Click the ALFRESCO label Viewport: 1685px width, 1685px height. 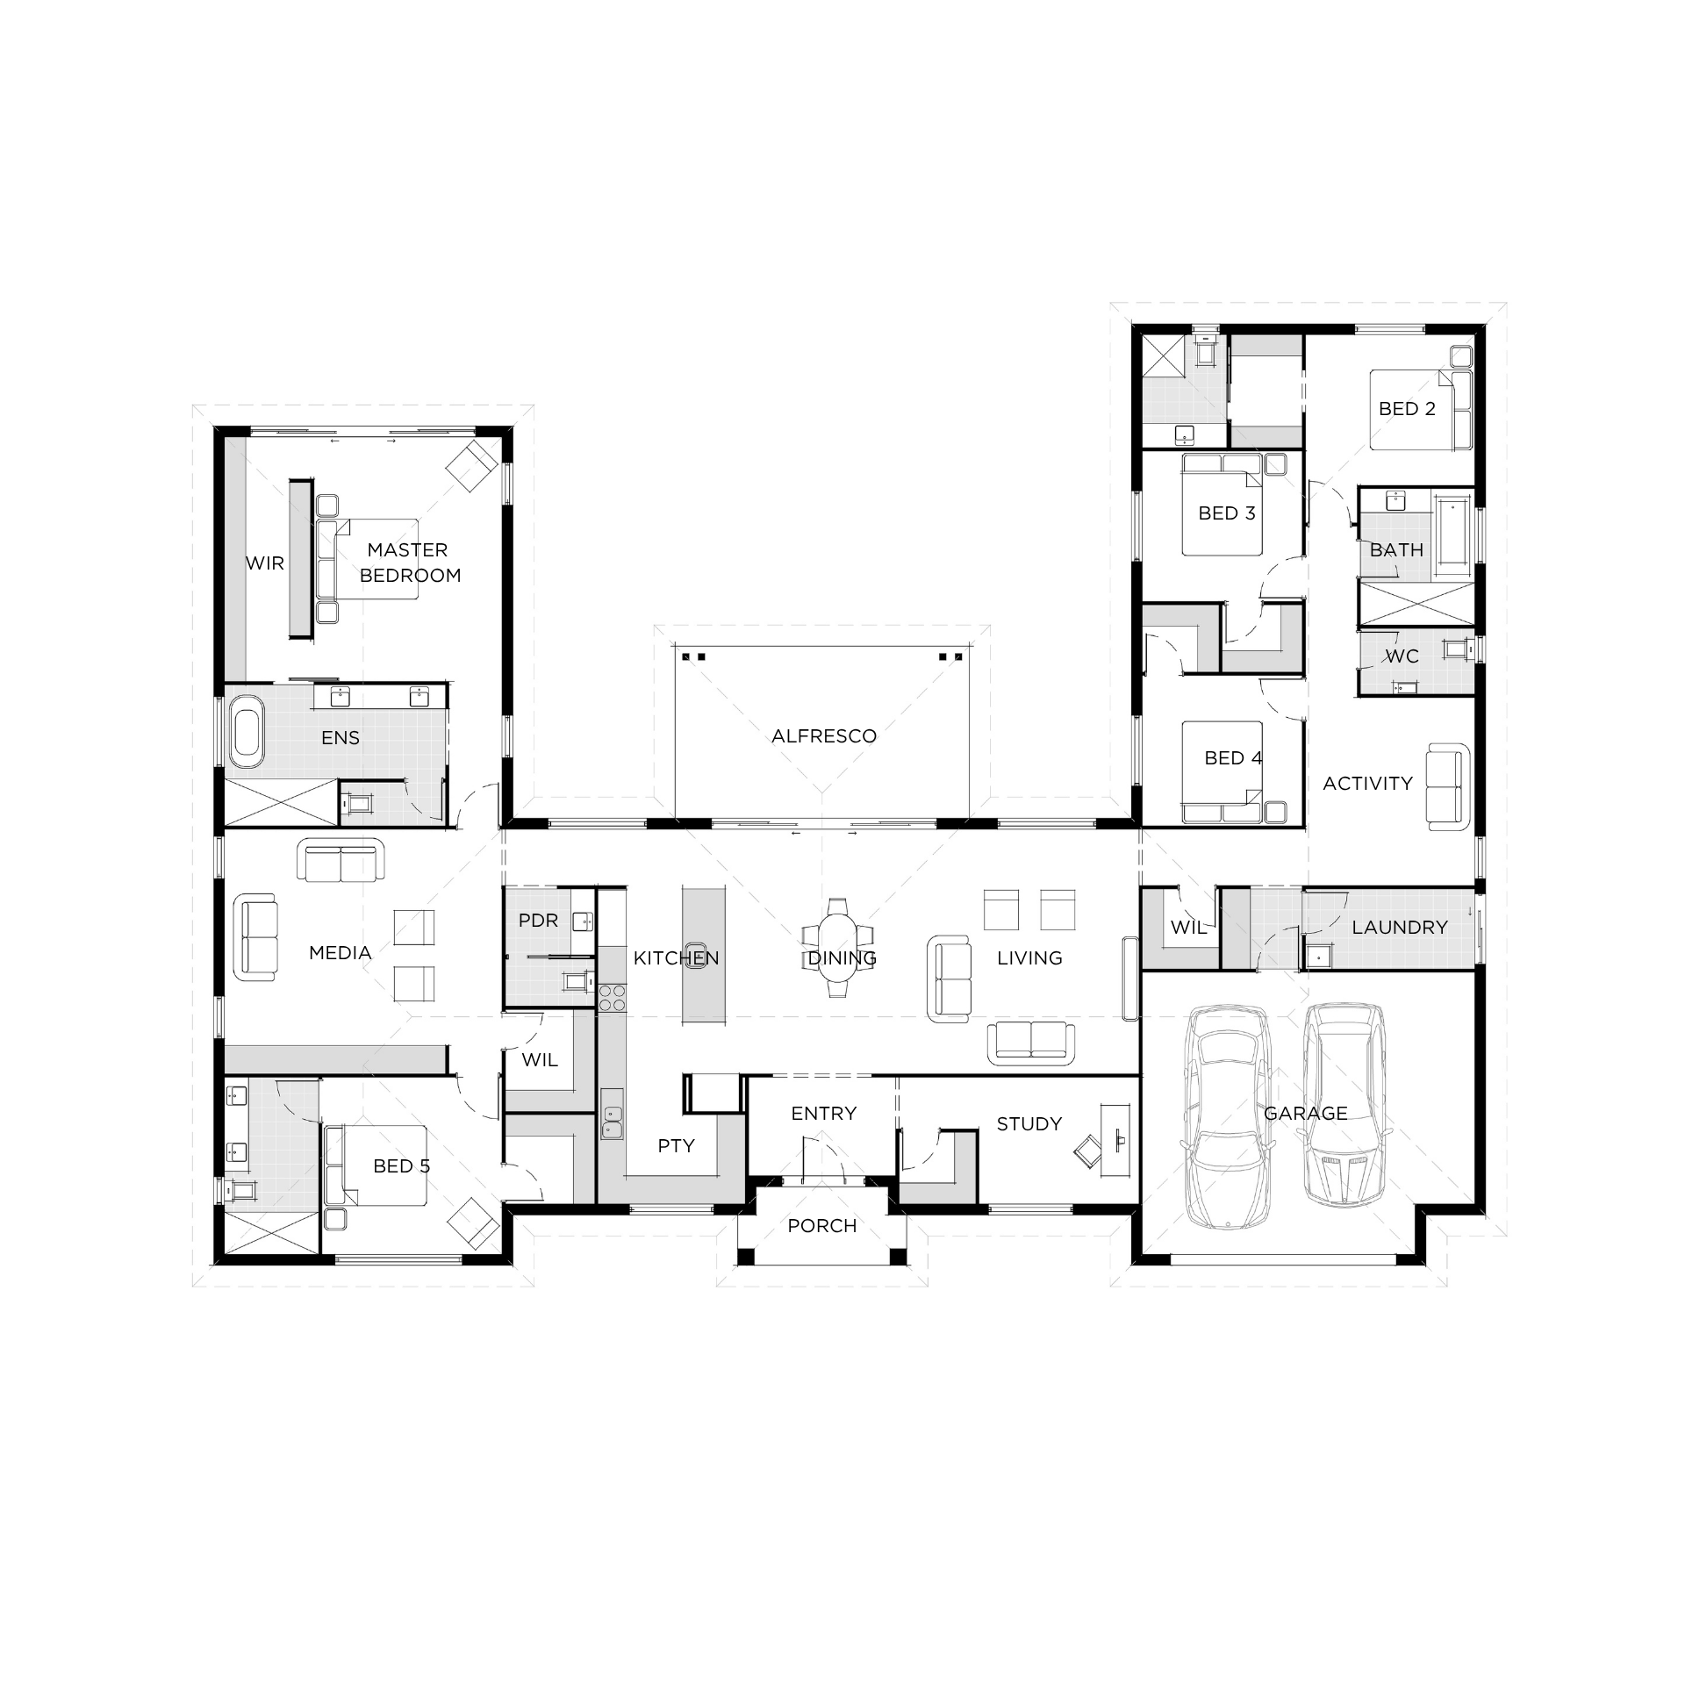tap(824, 736)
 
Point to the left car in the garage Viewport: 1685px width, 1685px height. tap(1227, 1116)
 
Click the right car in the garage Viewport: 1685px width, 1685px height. tap(1344, 1104)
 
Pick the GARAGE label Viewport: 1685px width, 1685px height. tap(1306, 1114)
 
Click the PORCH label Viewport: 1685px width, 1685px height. tap(822, 1226)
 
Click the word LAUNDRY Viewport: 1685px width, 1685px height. tap(1400, 928)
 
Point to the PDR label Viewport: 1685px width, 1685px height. tap(538, 921)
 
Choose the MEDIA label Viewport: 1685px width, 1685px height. tap(341, 953)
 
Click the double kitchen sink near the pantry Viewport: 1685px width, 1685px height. tap(613, 1121)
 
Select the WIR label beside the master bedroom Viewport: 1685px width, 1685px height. tap(265, 563)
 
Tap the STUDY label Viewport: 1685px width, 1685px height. tap(1029, 1124)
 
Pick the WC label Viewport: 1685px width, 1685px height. tap(1402, 656)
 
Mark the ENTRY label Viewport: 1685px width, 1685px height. tap(824, 1114)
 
